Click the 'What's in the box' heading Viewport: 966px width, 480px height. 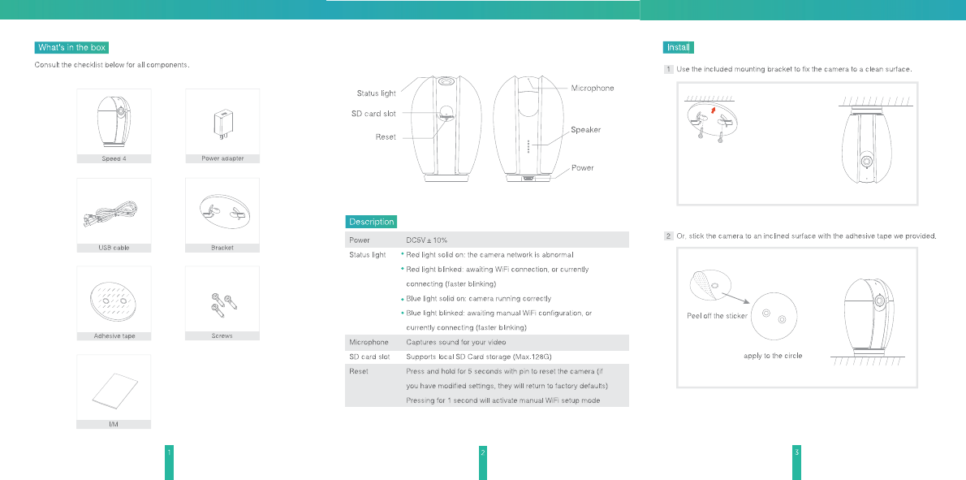point(71,48)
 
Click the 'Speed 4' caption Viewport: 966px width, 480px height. point(114,158)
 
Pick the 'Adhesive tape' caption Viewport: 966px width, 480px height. point(114,335)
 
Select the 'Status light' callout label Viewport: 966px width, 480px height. point(377,94)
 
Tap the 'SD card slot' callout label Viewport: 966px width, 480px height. point(368,114)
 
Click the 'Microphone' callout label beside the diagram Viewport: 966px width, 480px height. point(593,88)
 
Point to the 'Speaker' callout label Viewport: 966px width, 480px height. point(585,129)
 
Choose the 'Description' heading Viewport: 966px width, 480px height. point(371,222)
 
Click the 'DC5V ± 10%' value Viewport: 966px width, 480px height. point(426,240)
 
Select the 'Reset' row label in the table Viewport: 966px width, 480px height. point(359,371)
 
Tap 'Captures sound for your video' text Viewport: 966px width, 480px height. point(455,343)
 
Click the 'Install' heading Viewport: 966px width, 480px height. point(679,48)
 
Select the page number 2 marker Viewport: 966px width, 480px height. point(483,452)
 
